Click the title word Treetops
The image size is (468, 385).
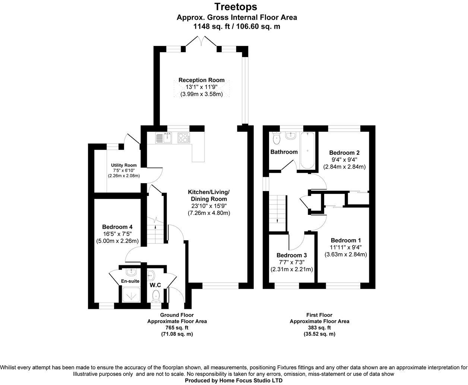tap(236, 7)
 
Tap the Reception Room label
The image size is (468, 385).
tap(201, 80)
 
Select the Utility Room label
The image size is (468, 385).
tap(124, 165)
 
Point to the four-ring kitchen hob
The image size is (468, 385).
tap(183, 138)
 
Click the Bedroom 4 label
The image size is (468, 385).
tap(117, 227)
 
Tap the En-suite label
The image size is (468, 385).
tap(130, 281)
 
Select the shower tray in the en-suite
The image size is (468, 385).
tap(130, 295)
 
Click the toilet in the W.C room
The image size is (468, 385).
tap(156, 295)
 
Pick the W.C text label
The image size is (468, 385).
tap(155, 285)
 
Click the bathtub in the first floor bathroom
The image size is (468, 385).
tap(308, 150)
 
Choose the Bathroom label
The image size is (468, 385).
tap(284, 152)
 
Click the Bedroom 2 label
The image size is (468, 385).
tap(344, 153)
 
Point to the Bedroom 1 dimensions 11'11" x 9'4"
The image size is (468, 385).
tap(345, 247)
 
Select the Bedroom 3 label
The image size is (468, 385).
tap(291, 255)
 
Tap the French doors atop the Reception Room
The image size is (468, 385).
tap(201, 42)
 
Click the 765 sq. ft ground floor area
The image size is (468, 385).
tap(177, 328)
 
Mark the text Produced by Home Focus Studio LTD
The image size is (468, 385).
tap(234, 381)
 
